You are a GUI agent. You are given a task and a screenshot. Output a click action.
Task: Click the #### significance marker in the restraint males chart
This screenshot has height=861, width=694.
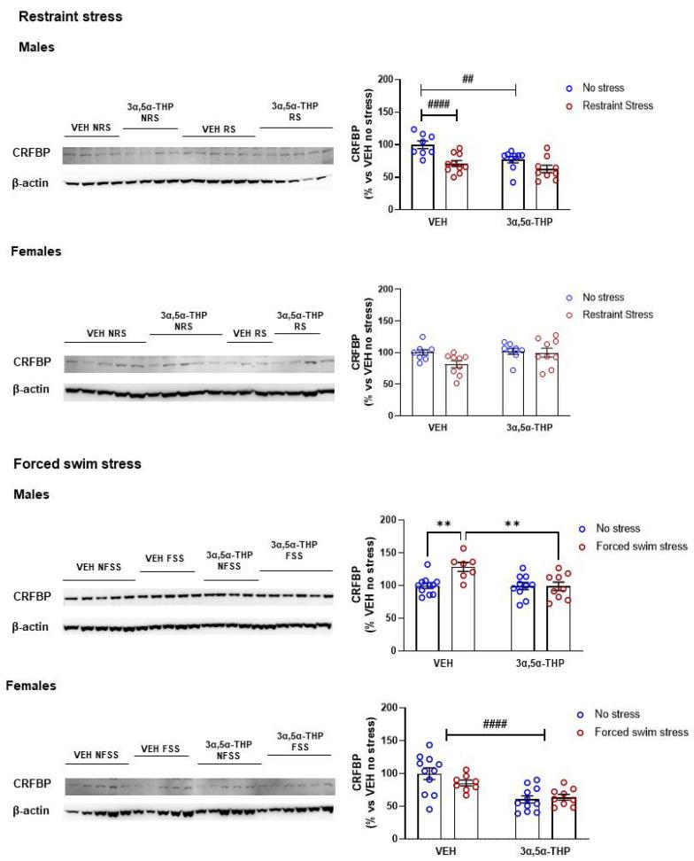point(439,104)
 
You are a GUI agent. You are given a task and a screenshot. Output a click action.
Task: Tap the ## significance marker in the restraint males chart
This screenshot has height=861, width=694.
point(467,79)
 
